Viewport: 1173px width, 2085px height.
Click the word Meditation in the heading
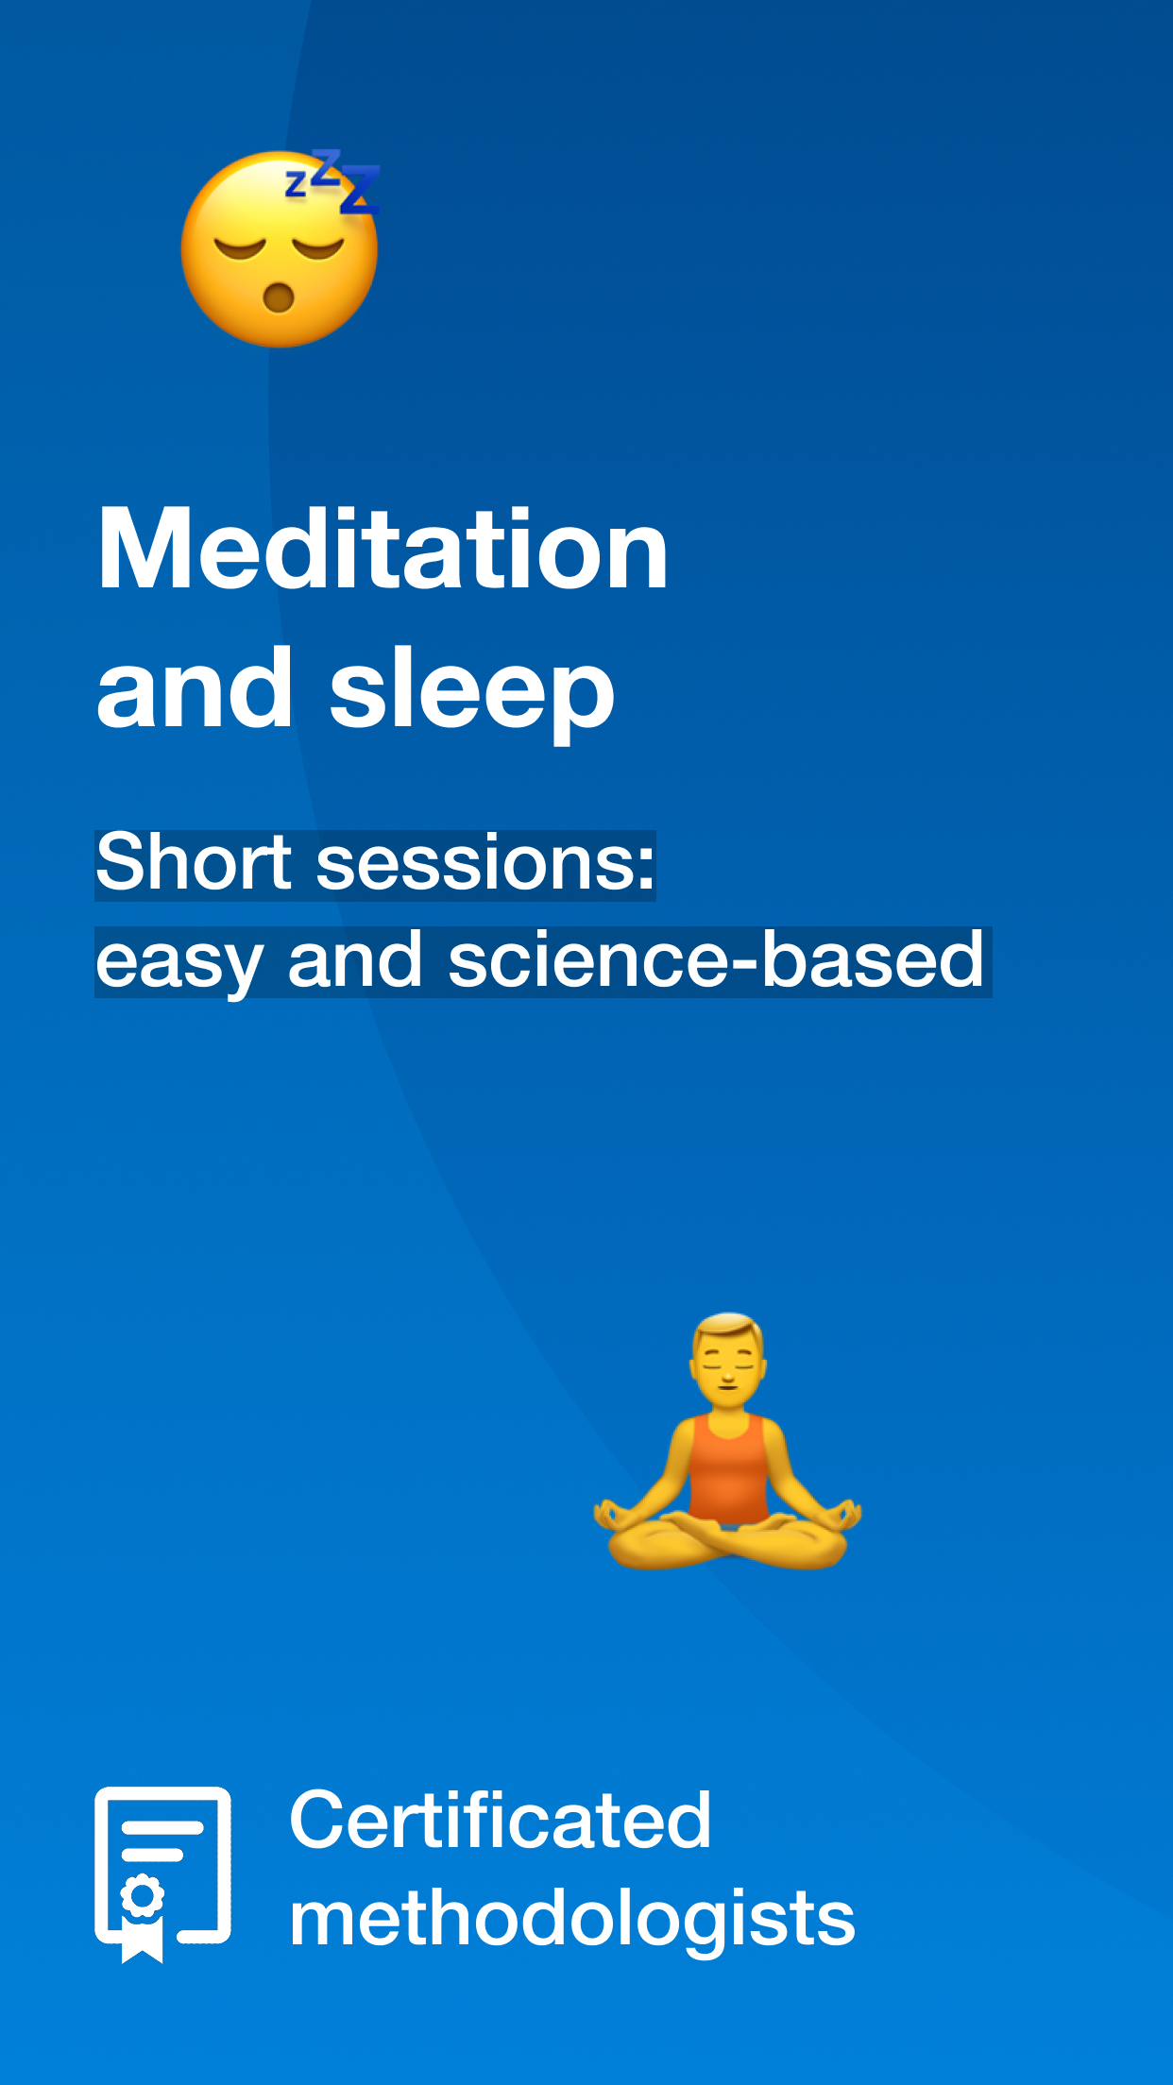pyautogui.click(x=382, y=549)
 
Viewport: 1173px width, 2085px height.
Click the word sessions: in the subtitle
pyautogui.click(x=485, y=864)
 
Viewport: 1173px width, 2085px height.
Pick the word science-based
pyautogui.click(x=716, y=959)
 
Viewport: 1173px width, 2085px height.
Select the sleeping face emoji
pyautogui.click(x=280, y=249)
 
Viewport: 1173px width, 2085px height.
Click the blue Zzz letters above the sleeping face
pyautogui.click(x=333, y=180)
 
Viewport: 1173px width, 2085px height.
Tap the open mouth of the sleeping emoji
pyautogui.click(x=279, y=297)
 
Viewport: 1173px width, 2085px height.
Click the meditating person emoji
pyautogui.click(x=727, y=1440)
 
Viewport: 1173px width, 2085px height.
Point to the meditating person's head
pyautogui.click(x=727, y=1352)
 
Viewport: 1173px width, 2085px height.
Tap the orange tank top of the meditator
pyautogui.click(x=727, y=1469)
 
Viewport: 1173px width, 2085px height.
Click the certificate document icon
pyautogui.click(x=162, y=1874)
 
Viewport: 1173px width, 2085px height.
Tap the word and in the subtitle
pyautogui.click(x=354, y=959)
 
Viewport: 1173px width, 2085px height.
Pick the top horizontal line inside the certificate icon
pyautogui.click(x=162, y=1827)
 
